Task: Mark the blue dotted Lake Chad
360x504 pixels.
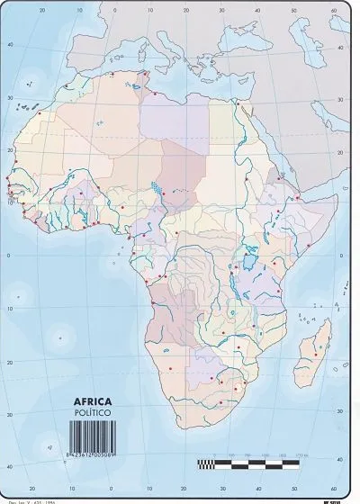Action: (159, 191)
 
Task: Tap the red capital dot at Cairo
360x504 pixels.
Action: (238, 104)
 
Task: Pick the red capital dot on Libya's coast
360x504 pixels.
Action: (156, 93)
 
